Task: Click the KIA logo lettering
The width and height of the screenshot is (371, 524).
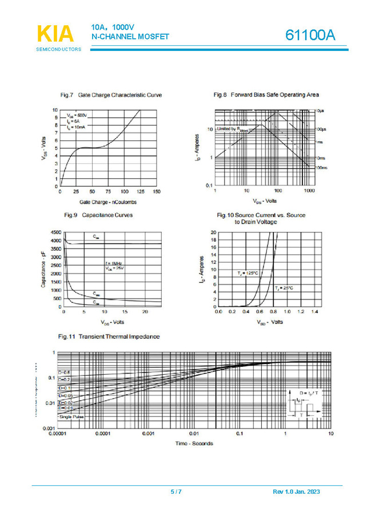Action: point(55,34)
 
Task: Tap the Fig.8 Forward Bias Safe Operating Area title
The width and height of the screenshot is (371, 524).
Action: point(266,94)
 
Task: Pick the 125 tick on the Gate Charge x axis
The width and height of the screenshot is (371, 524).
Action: point(140,191)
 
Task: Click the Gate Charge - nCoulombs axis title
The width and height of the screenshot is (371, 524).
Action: point(108,202)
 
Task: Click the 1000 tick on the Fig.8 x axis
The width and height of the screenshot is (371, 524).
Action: point(309,190)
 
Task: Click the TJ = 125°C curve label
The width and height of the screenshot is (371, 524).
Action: point(248,274)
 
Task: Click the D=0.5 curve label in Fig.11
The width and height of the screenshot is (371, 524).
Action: point(64,372)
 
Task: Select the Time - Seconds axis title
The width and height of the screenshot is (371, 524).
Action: point(194,443)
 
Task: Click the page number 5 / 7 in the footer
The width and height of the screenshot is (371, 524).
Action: point(176,492)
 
